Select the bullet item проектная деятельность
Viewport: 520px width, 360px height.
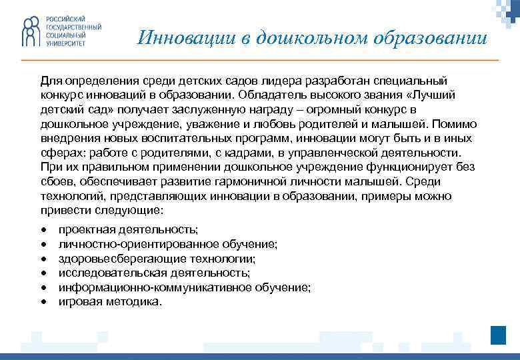[x=128, y=229]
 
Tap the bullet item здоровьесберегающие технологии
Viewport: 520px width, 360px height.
[x=157, y=258]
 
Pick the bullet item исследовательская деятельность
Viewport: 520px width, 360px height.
[x=155, y=273]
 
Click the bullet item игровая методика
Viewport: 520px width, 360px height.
[x=110, y=301]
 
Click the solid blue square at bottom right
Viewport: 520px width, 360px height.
[x=498, y=335]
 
